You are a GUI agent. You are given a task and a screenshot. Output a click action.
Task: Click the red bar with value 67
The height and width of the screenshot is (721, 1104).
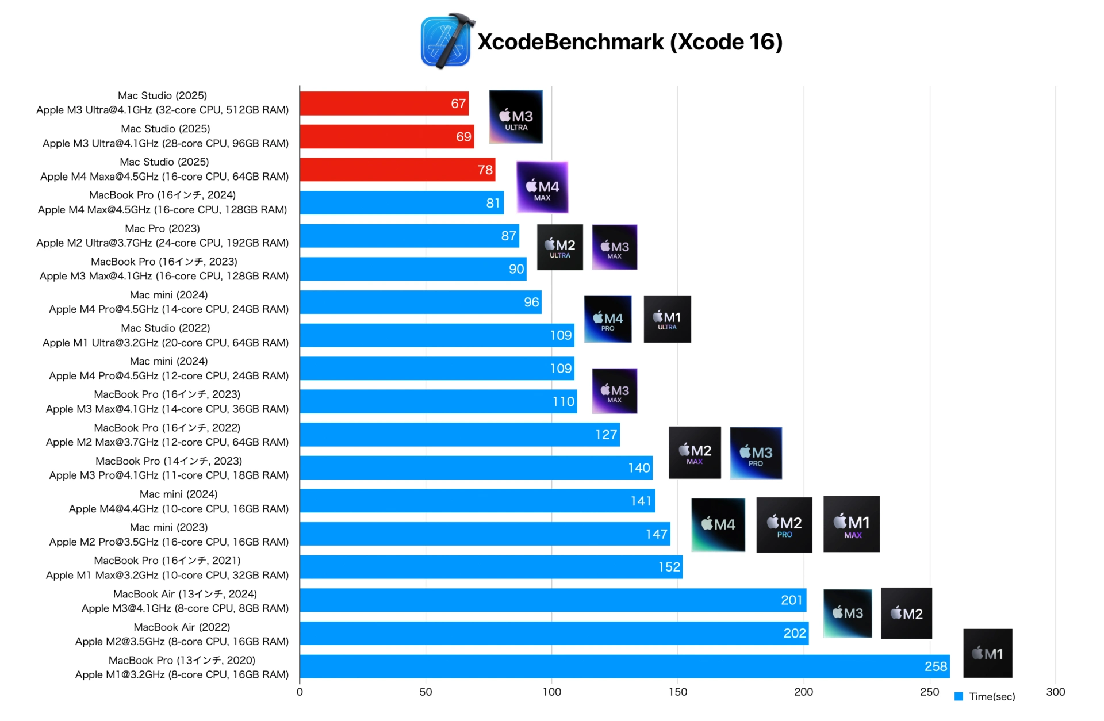coord(384,103)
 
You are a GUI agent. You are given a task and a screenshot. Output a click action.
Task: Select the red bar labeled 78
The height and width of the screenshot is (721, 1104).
coord(397,170)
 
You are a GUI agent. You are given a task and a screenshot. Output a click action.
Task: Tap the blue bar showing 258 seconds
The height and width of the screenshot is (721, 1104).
coord(624,666)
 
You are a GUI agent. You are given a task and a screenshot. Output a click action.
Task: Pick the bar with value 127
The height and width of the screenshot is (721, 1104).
coord(459,435)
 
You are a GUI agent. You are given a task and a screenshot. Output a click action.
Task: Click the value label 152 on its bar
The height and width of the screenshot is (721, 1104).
coord(669,567)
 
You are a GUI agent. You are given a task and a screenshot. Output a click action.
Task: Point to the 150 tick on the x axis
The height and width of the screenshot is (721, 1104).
coord(677,692)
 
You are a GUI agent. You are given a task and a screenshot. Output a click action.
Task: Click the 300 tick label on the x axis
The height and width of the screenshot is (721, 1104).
coord(1055,692)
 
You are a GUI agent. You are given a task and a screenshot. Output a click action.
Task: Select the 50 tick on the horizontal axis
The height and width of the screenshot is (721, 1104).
coord(425,692)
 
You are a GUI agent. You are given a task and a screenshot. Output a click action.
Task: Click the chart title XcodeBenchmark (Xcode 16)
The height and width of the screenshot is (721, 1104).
coord(630,42)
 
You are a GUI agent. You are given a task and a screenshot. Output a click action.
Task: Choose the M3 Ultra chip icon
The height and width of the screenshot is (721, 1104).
coord(516,117)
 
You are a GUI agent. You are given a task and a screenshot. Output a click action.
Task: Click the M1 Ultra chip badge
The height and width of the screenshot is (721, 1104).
coord(667,319)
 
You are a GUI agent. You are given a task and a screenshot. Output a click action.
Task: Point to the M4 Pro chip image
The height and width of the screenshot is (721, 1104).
coord(608,319)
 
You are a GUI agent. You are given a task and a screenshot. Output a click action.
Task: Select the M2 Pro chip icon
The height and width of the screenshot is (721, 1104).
coord(784,525)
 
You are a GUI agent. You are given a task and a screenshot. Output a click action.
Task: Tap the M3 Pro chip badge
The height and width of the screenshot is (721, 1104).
coord(756,453)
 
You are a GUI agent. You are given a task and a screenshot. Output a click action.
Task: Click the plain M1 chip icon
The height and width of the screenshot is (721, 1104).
coord(987,653)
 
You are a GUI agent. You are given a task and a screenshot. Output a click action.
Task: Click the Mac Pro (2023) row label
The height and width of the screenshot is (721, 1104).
coord(163,236)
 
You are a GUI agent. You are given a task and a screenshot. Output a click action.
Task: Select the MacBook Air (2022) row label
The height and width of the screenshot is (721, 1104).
coord(182,634)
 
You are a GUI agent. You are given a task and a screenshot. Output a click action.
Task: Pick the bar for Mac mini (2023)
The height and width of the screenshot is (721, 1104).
coord(484,534)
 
